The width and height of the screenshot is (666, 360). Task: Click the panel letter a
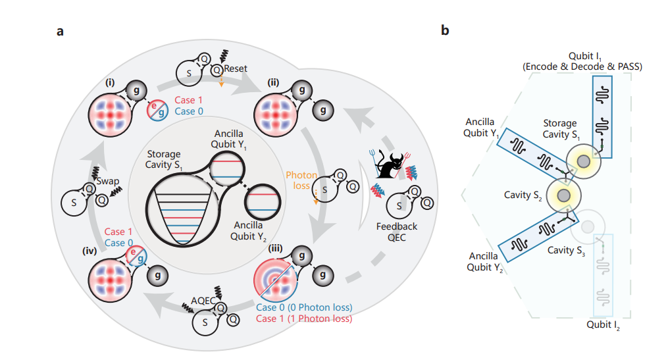pyautogui.click(x=60, y=31)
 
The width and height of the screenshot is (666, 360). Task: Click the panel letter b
pyautogui.click(x=446, y=31)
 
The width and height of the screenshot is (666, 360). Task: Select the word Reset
pyautogui.click(x=236, y=68)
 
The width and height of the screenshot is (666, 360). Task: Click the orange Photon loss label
pyautogui.click(x=301, y=181)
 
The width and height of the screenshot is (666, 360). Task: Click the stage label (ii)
pyautogui.click(x=276, y=83)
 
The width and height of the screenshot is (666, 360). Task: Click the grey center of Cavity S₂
pyautogui.click(x=563, y=196)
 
